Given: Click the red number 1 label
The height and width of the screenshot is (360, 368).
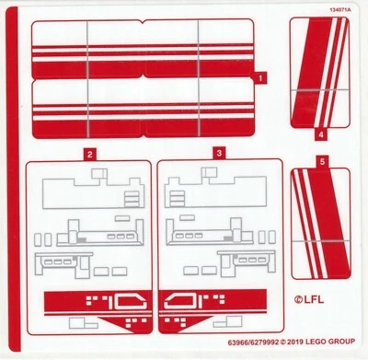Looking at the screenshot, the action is pos(261,79).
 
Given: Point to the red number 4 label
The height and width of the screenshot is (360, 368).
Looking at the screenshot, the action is pos(321,134).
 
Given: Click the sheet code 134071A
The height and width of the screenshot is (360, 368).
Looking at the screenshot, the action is pos(339,8).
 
